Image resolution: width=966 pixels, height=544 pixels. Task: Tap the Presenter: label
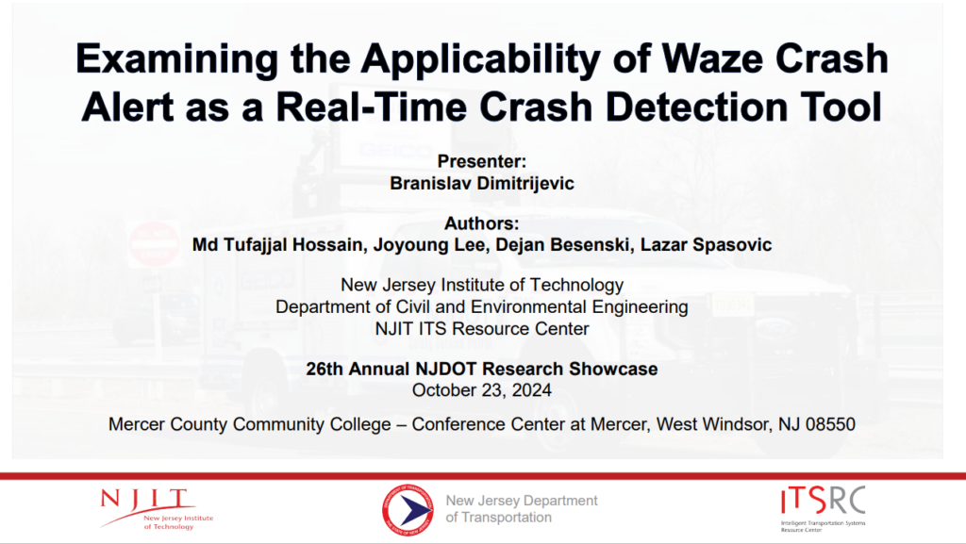click(x=482, y=162)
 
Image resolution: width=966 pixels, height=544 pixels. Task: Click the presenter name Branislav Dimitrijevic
click(x=482, y=183)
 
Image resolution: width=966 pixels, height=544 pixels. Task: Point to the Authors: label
click(x=482, y=223)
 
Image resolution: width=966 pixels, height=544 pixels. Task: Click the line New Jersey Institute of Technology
click(x=482, y=285)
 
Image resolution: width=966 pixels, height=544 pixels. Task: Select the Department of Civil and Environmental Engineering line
click(x=482, y=306)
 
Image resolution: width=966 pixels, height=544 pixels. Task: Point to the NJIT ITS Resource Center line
click(x=482, y=328)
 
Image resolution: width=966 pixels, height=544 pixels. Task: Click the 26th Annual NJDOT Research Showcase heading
click(x=482, y=369)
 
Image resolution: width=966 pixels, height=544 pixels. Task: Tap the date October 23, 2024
click(x=482, y=388)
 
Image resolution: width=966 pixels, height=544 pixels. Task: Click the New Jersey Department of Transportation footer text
click(x=522, y=509)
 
